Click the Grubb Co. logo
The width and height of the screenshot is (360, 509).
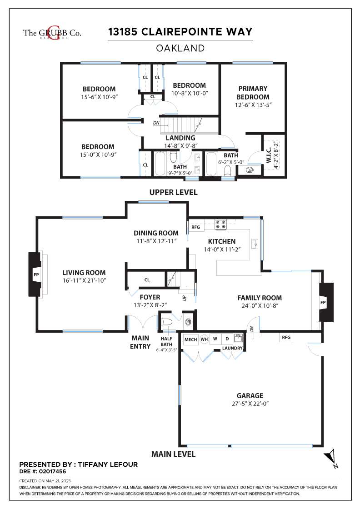click(52, 33)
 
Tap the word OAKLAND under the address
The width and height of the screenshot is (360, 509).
click(180, 48)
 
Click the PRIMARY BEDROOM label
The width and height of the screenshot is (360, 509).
click(253, 93)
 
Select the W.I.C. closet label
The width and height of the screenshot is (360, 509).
click(269, 155)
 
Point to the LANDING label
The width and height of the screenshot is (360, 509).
click(180, 138)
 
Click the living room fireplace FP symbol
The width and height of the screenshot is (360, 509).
click(36, 274)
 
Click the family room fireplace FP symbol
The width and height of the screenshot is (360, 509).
click(323, 302)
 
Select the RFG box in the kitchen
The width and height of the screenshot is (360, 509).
click(196, 227)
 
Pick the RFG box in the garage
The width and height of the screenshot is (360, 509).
click(286, 337)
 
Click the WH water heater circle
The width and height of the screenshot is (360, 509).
click(204, 339)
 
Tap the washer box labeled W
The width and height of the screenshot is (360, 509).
click(215, 339)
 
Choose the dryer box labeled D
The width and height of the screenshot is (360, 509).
click(227, 339)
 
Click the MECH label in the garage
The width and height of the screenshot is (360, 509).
click(190, 339)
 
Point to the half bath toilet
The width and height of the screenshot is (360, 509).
click(167, 322)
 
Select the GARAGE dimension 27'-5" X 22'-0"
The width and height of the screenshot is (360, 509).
click(250, 404)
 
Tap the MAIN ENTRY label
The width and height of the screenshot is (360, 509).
click(140, 342)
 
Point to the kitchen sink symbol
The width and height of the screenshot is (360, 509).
click(255, 243)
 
